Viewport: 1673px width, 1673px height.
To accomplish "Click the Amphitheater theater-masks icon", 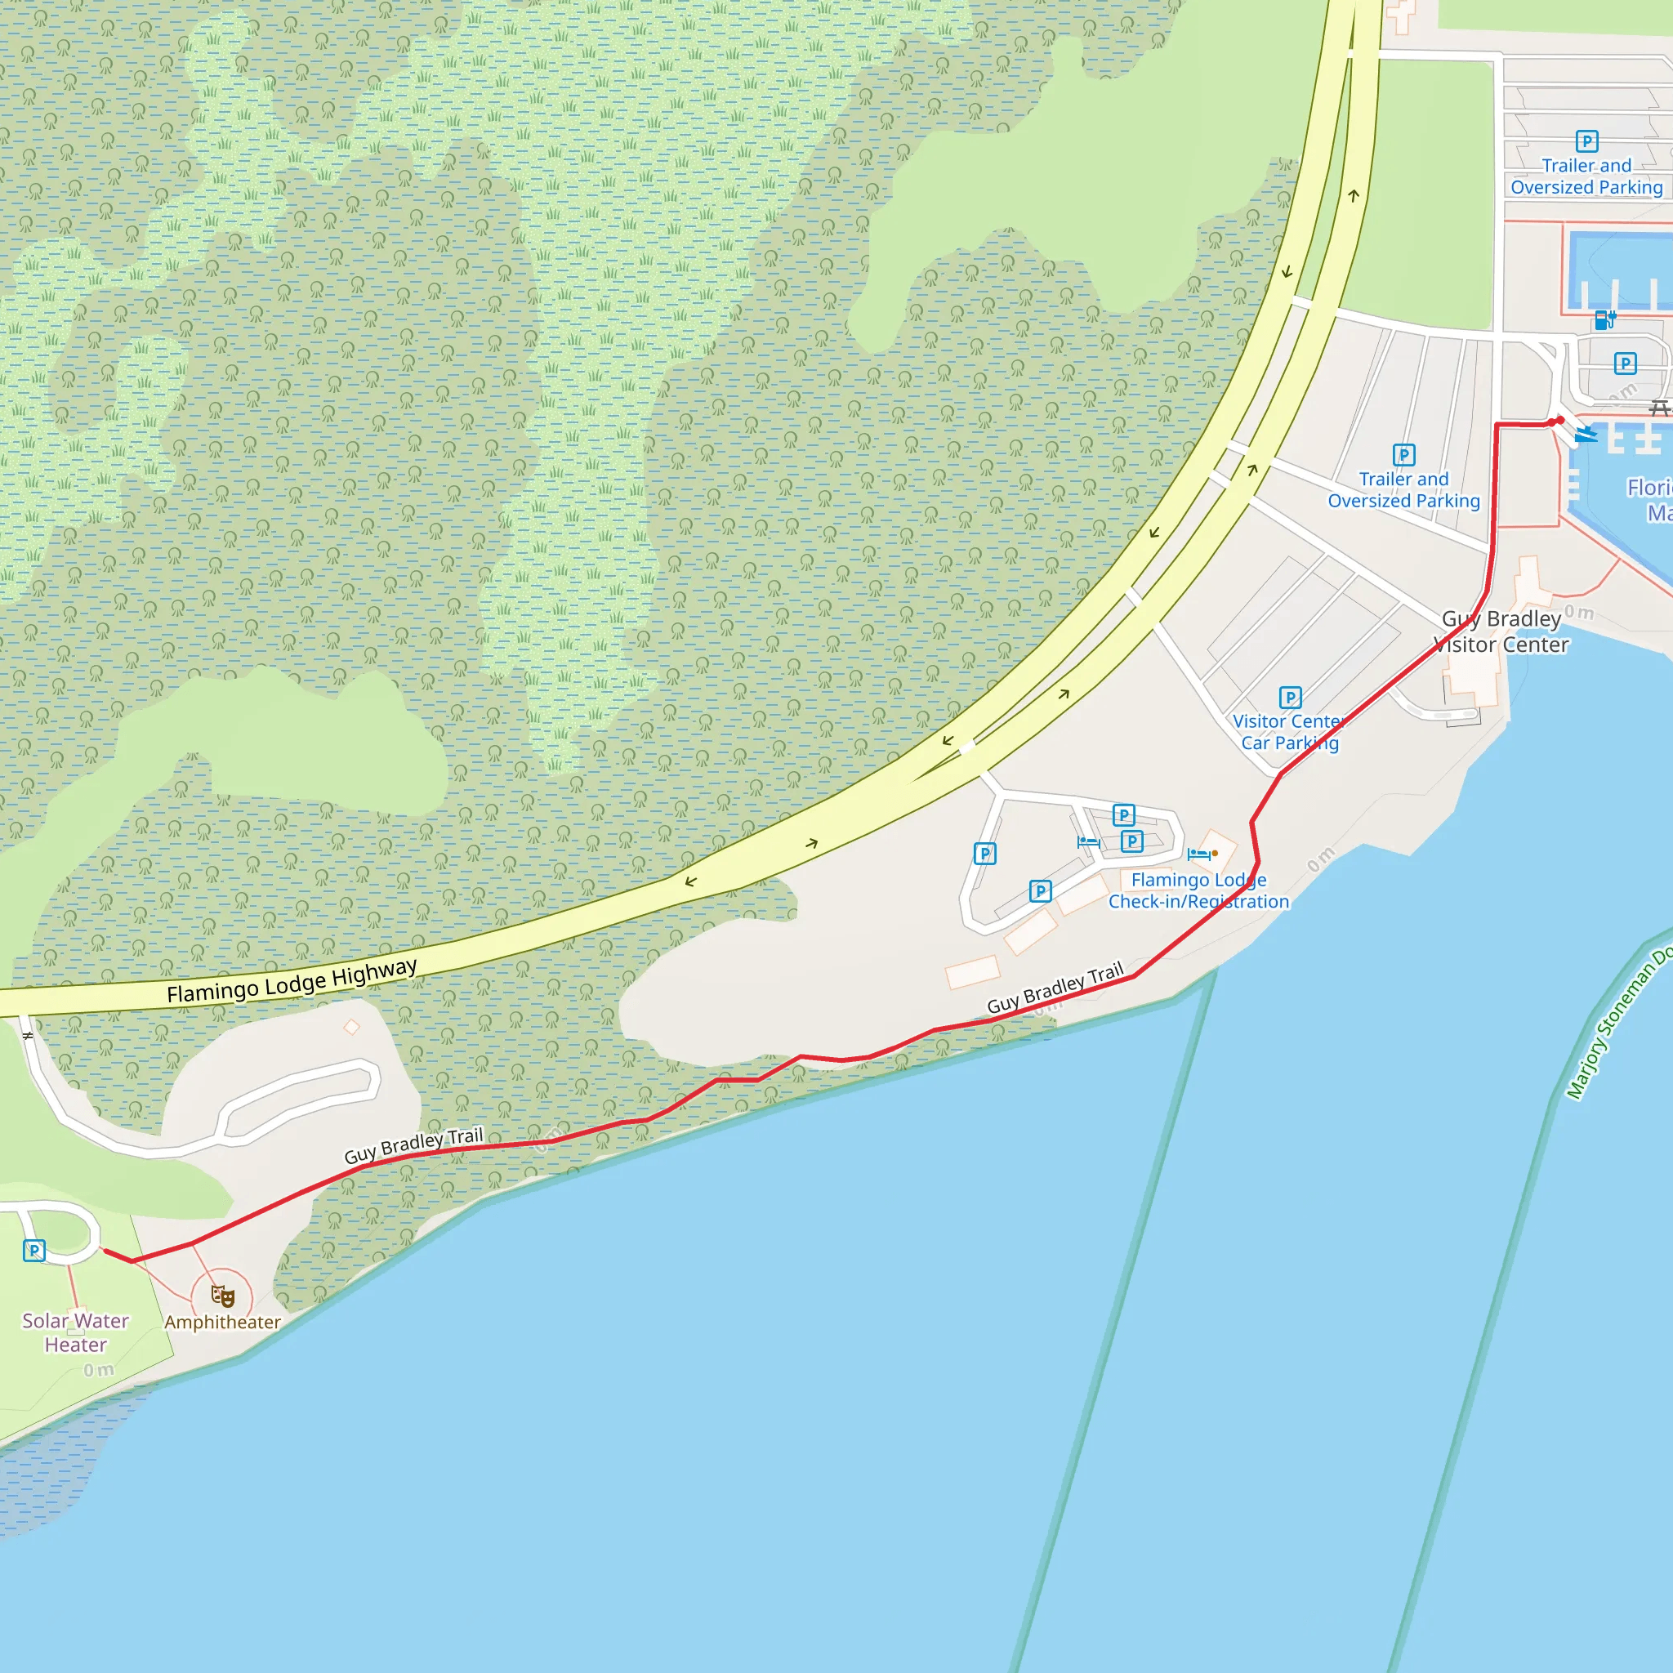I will coord(222,1296).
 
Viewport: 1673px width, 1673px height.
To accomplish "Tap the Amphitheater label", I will coord(222,1323).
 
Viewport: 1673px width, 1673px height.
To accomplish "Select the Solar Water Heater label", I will coord(75,1332).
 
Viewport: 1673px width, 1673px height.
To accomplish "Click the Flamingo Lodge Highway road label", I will coord(292,982).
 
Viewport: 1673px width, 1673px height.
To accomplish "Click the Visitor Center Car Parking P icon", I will coord(1290,697).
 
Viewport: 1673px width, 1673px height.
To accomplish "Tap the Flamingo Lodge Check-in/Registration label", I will coord(1198,890).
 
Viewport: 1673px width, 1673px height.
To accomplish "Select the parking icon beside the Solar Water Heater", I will coord(33,1251).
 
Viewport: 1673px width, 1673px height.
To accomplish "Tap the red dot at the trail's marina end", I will coord(1559,421).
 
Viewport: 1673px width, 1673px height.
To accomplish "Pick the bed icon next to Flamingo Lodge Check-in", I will coord(1198,854).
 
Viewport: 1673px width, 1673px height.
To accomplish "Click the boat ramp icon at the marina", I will coord(1586,434).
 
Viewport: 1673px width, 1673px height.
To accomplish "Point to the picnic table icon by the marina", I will coord(1659,407).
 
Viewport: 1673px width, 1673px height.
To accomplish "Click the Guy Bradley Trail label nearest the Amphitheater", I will coord(413,1145).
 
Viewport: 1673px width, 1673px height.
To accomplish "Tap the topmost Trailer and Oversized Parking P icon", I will coord(1586,141).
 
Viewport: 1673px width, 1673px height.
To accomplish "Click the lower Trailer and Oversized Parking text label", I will coord(1403,490).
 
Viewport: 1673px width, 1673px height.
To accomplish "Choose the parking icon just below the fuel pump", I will coord(1626,364).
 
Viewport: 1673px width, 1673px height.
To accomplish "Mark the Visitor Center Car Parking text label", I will coord(1289,732).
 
